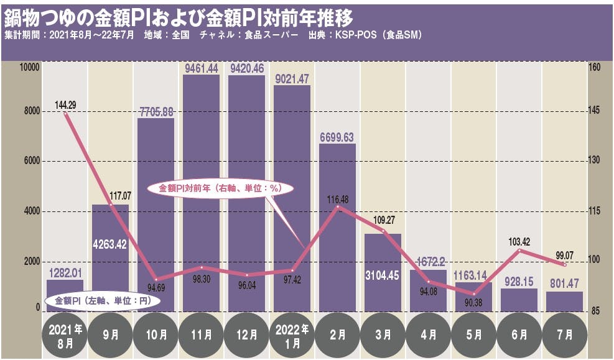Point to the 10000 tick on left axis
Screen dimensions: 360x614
30,67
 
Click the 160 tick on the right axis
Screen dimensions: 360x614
594,67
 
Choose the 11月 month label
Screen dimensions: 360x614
202,335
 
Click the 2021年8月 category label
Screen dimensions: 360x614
65,335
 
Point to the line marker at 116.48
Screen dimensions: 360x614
337,206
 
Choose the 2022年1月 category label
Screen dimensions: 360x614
292,335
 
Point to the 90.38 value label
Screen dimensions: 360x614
474,303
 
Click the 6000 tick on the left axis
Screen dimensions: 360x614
31,160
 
